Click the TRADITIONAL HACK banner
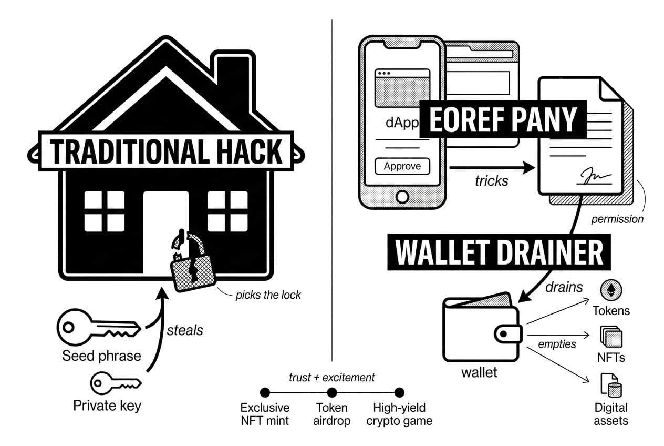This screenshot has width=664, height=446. pos(167,151)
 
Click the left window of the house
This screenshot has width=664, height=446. pos(104,211)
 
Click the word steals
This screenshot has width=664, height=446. pos(184,330)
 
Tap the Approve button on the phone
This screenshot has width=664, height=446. pos(402,166)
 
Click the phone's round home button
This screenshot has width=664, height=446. pos(402,196)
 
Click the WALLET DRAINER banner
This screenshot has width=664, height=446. pos(499,252)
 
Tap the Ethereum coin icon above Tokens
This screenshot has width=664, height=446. pos(611,290)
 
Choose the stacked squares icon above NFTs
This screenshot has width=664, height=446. pos(611,337)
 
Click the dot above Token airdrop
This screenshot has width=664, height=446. pos(332,392)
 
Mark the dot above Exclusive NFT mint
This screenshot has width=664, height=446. pos(265,392)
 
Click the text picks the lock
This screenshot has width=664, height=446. pos(268,295)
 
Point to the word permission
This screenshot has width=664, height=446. pos(617,219)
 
